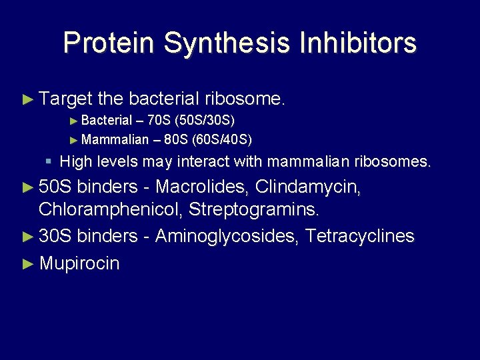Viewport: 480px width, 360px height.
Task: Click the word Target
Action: pos(65,99)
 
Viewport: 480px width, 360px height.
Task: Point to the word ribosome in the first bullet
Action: pos(244,99)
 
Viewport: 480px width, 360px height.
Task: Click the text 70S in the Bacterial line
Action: pos(159,121)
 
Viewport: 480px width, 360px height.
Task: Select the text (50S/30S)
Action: pos(204,121)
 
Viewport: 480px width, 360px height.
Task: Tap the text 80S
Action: pos(176,139)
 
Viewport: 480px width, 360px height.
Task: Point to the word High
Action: pos(75,161)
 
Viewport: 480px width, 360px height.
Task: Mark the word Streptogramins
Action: pos(254,210)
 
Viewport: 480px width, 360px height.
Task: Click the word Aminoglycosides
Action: pos(227,236)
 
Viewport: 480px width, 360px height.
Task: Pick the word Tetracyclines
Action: pos(360,236)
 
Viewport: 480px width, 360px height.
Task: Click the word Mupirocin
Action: pos(79,263)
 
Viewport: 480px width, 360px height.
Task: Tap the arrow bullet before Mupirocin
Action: pos(27,263)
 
